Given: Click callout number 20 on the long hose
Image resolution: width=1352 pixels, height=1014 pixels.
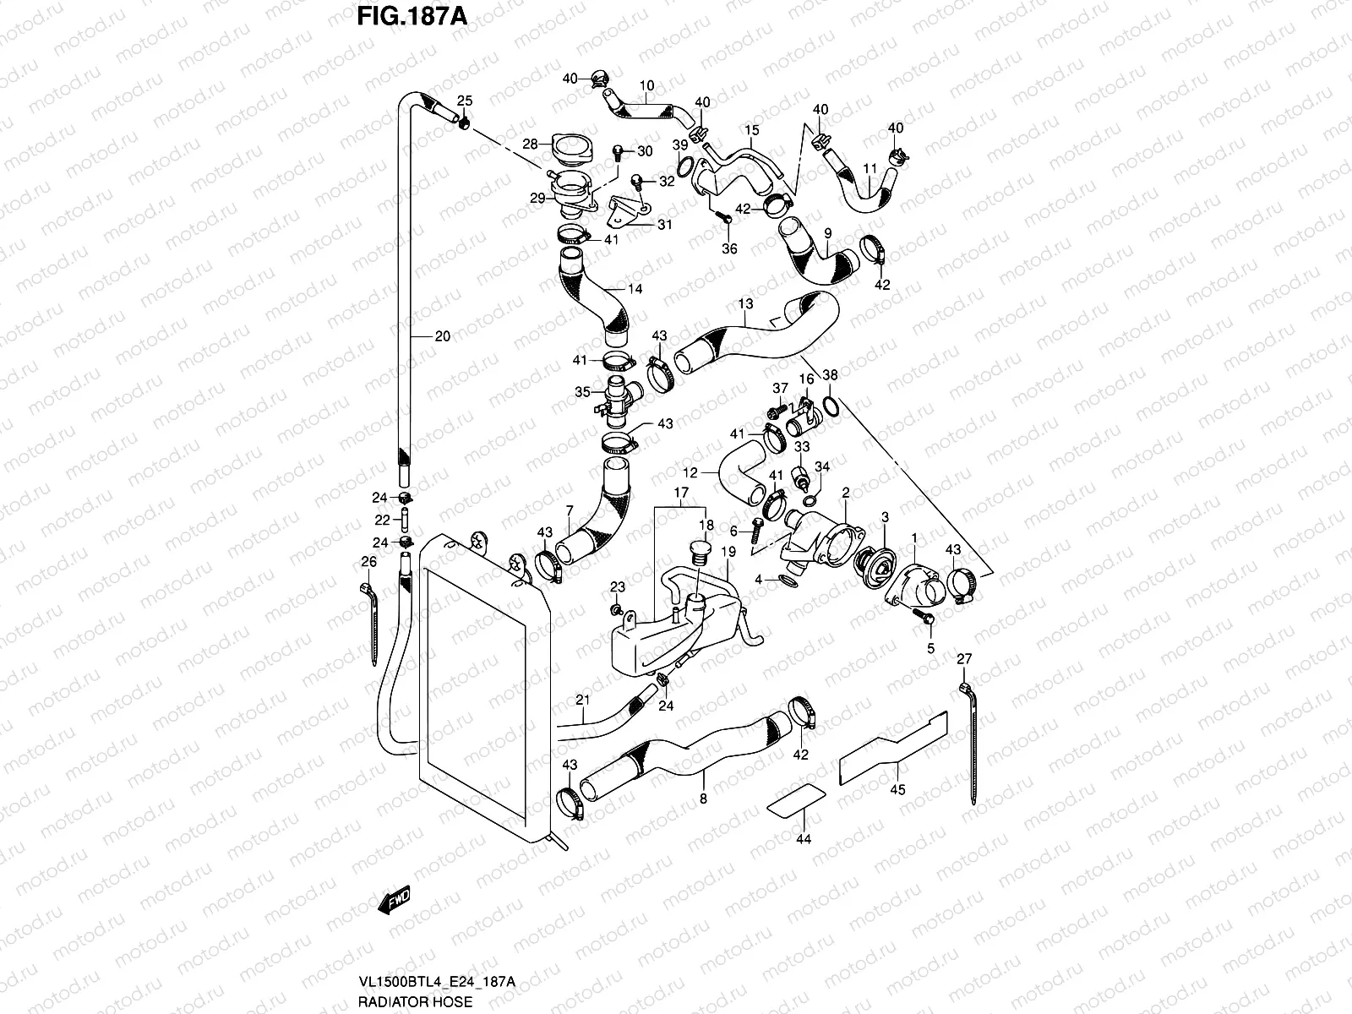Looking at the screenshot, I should coord(442,336).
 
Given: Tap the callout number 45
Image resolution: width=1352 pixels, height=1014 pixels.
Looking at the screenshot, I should coord(897,790).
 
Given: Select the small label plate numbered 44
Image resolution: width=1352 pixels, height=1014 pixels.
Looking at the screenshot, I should coord(797,799).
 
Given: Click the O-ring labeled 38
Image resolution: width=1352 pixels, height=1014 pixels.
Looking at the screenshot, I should coord(831,407).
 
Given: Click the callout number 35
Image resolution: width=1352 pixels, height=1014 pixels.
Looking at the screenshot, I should coord(582,391).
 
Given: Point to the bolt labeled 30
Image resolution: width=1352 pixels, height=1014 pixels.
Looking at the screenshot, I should coord(619,152).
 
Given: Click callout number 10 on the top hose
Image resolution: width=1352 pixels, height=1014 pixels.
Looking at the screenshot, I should coord(646,85).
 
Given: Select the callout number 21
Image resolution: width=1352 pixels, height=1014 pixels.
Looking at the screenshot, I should coord(581,699).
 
